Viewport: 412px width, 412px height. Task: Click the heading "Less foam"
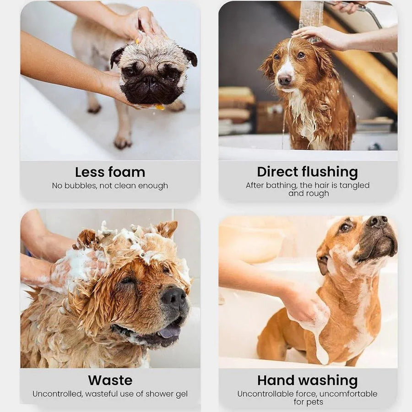110,172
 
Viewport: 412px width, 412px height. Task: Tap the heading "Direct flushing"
308,172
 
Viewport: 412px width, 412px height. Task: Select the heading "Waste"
110,380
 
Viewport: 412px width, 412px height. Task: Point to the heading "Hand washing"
308,380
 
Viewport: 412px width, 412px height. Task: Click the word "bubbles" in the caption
81,186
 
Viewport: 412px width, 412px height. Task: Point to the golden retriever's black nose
173,298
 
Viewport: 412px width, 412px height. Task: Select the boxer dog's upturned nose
377,221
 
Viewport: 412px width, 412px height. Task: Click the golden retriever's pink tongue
169,331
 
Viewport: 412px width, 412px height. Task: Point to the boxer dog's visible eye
345,228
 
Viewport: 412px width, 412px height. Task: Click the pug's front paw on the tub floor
122,142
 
